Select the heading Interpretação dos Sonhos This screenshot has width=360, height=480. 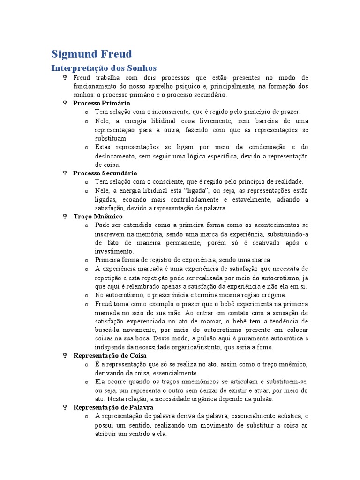104,68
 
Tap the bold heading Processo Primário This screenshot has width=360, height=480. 102,103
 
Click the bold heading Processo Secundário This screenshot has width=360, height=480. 105,173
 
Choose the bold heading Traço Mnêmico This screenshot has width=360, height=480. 98,217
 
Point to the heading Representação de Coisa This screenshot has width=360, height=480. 110,356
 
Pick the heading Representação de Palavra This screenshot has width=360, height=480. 113,408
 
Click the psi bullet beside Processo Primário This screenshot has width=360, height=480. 65,103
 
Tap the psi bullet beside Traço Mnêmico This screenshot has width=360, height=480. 65,217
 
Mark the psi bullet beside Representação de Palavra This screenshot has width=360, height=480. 65,408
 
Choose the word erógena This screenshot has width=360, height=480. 271,295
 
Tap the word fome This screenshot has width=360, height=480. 264,347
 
